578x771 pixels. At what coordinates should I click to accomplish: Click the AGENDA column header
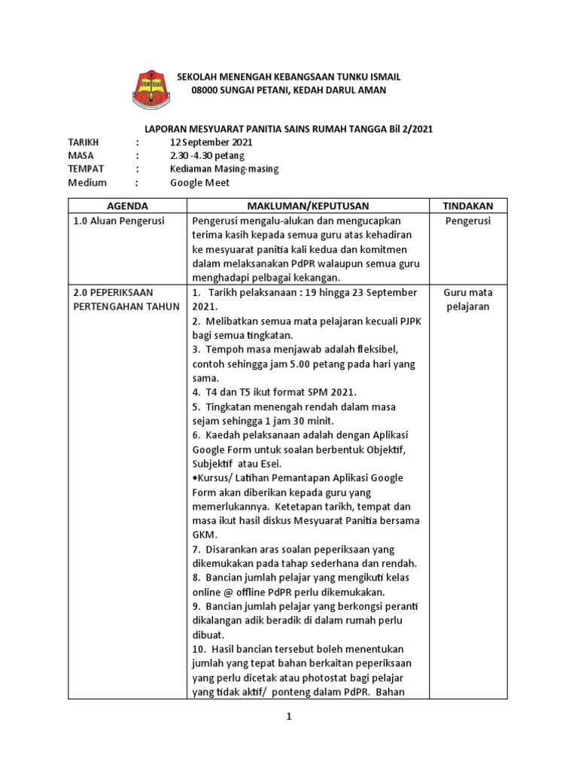(x=127, y=206)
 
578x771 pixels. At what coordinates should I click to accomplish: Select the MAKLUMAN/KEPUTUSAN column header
(x=309, y=206)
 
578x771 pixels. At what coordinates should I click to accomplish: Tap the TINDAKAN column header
(x=468, y=206)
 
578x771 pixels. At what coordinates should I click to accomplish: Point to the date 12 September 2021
(x=211, y=142)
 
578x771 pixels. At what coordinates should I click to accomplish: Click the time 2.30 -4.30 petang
(x=207, y=155)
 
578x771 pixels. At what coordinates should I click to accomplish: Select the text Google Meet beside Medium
(x=199, y=182)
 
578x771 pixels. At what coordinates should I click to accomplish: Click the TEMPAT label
(x=87, y=169)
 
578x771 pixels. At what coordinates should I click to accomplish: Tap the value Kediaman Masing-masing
(x=224, y=169)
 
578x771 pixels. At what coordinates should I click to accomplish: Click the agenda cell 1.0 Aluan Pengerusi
(x=119, y=221)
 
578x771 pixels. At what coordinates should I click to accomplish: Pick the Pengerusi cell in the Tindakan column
(x=468, y=221)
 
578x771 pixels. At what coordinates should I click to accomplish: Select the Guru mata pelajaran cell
(x=468, y=300)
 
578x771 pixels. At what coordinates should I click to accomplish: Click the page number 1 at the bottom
(x=288, y=718)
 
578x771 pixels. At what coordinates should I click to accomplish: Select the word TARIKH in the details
(x=84, y=142)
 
